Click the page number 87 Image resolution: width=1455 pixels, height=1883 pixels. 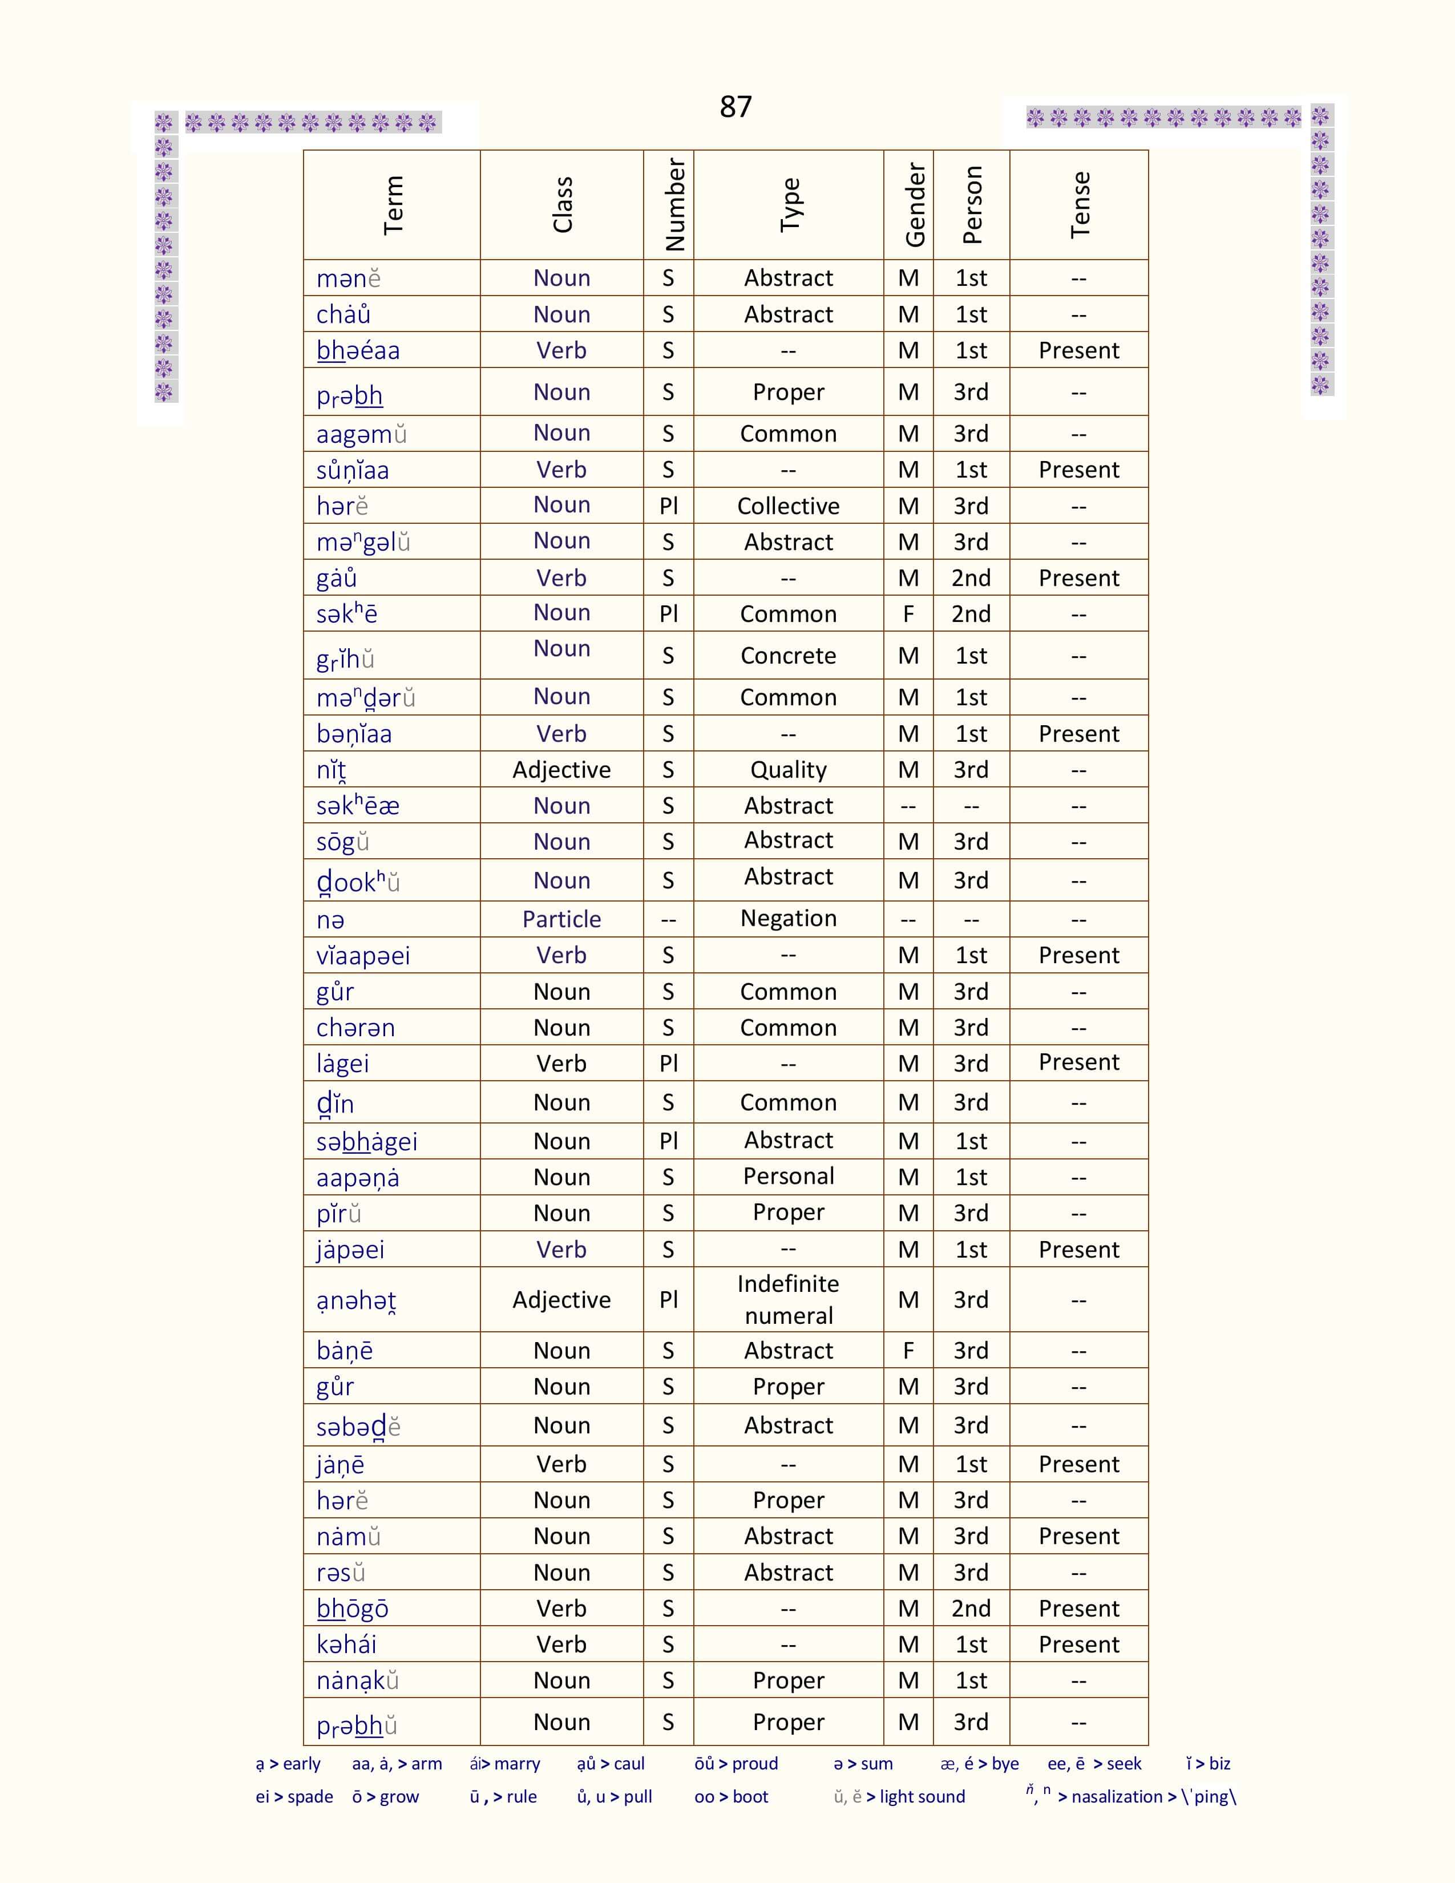[x=735, y=107]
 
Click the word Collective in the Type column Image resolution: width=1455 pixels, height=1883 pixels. [x=788, y=506]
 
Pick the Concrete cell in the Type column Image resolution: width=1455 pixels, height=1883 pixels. [x=788, y=656]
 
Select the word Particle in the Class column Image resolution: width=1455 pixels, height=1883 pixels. [x=561, y=919]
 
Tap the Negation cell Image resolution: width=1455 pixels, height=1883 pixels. [x=788, y=919]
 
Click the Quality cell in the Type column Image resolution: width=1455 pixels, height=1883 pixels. [x=788, y=770]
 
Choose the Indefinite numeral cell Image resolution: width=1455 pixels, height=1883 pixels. [x=788, y=1299]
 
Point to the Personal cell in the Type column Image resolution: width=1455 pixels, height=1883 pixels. [x=788, y=1177]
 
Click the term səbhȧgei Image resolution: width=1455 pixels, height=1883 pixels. [x=366, y=1142]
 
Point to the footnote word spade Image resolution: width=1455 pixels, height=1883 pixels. [x=310, y=1797]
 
